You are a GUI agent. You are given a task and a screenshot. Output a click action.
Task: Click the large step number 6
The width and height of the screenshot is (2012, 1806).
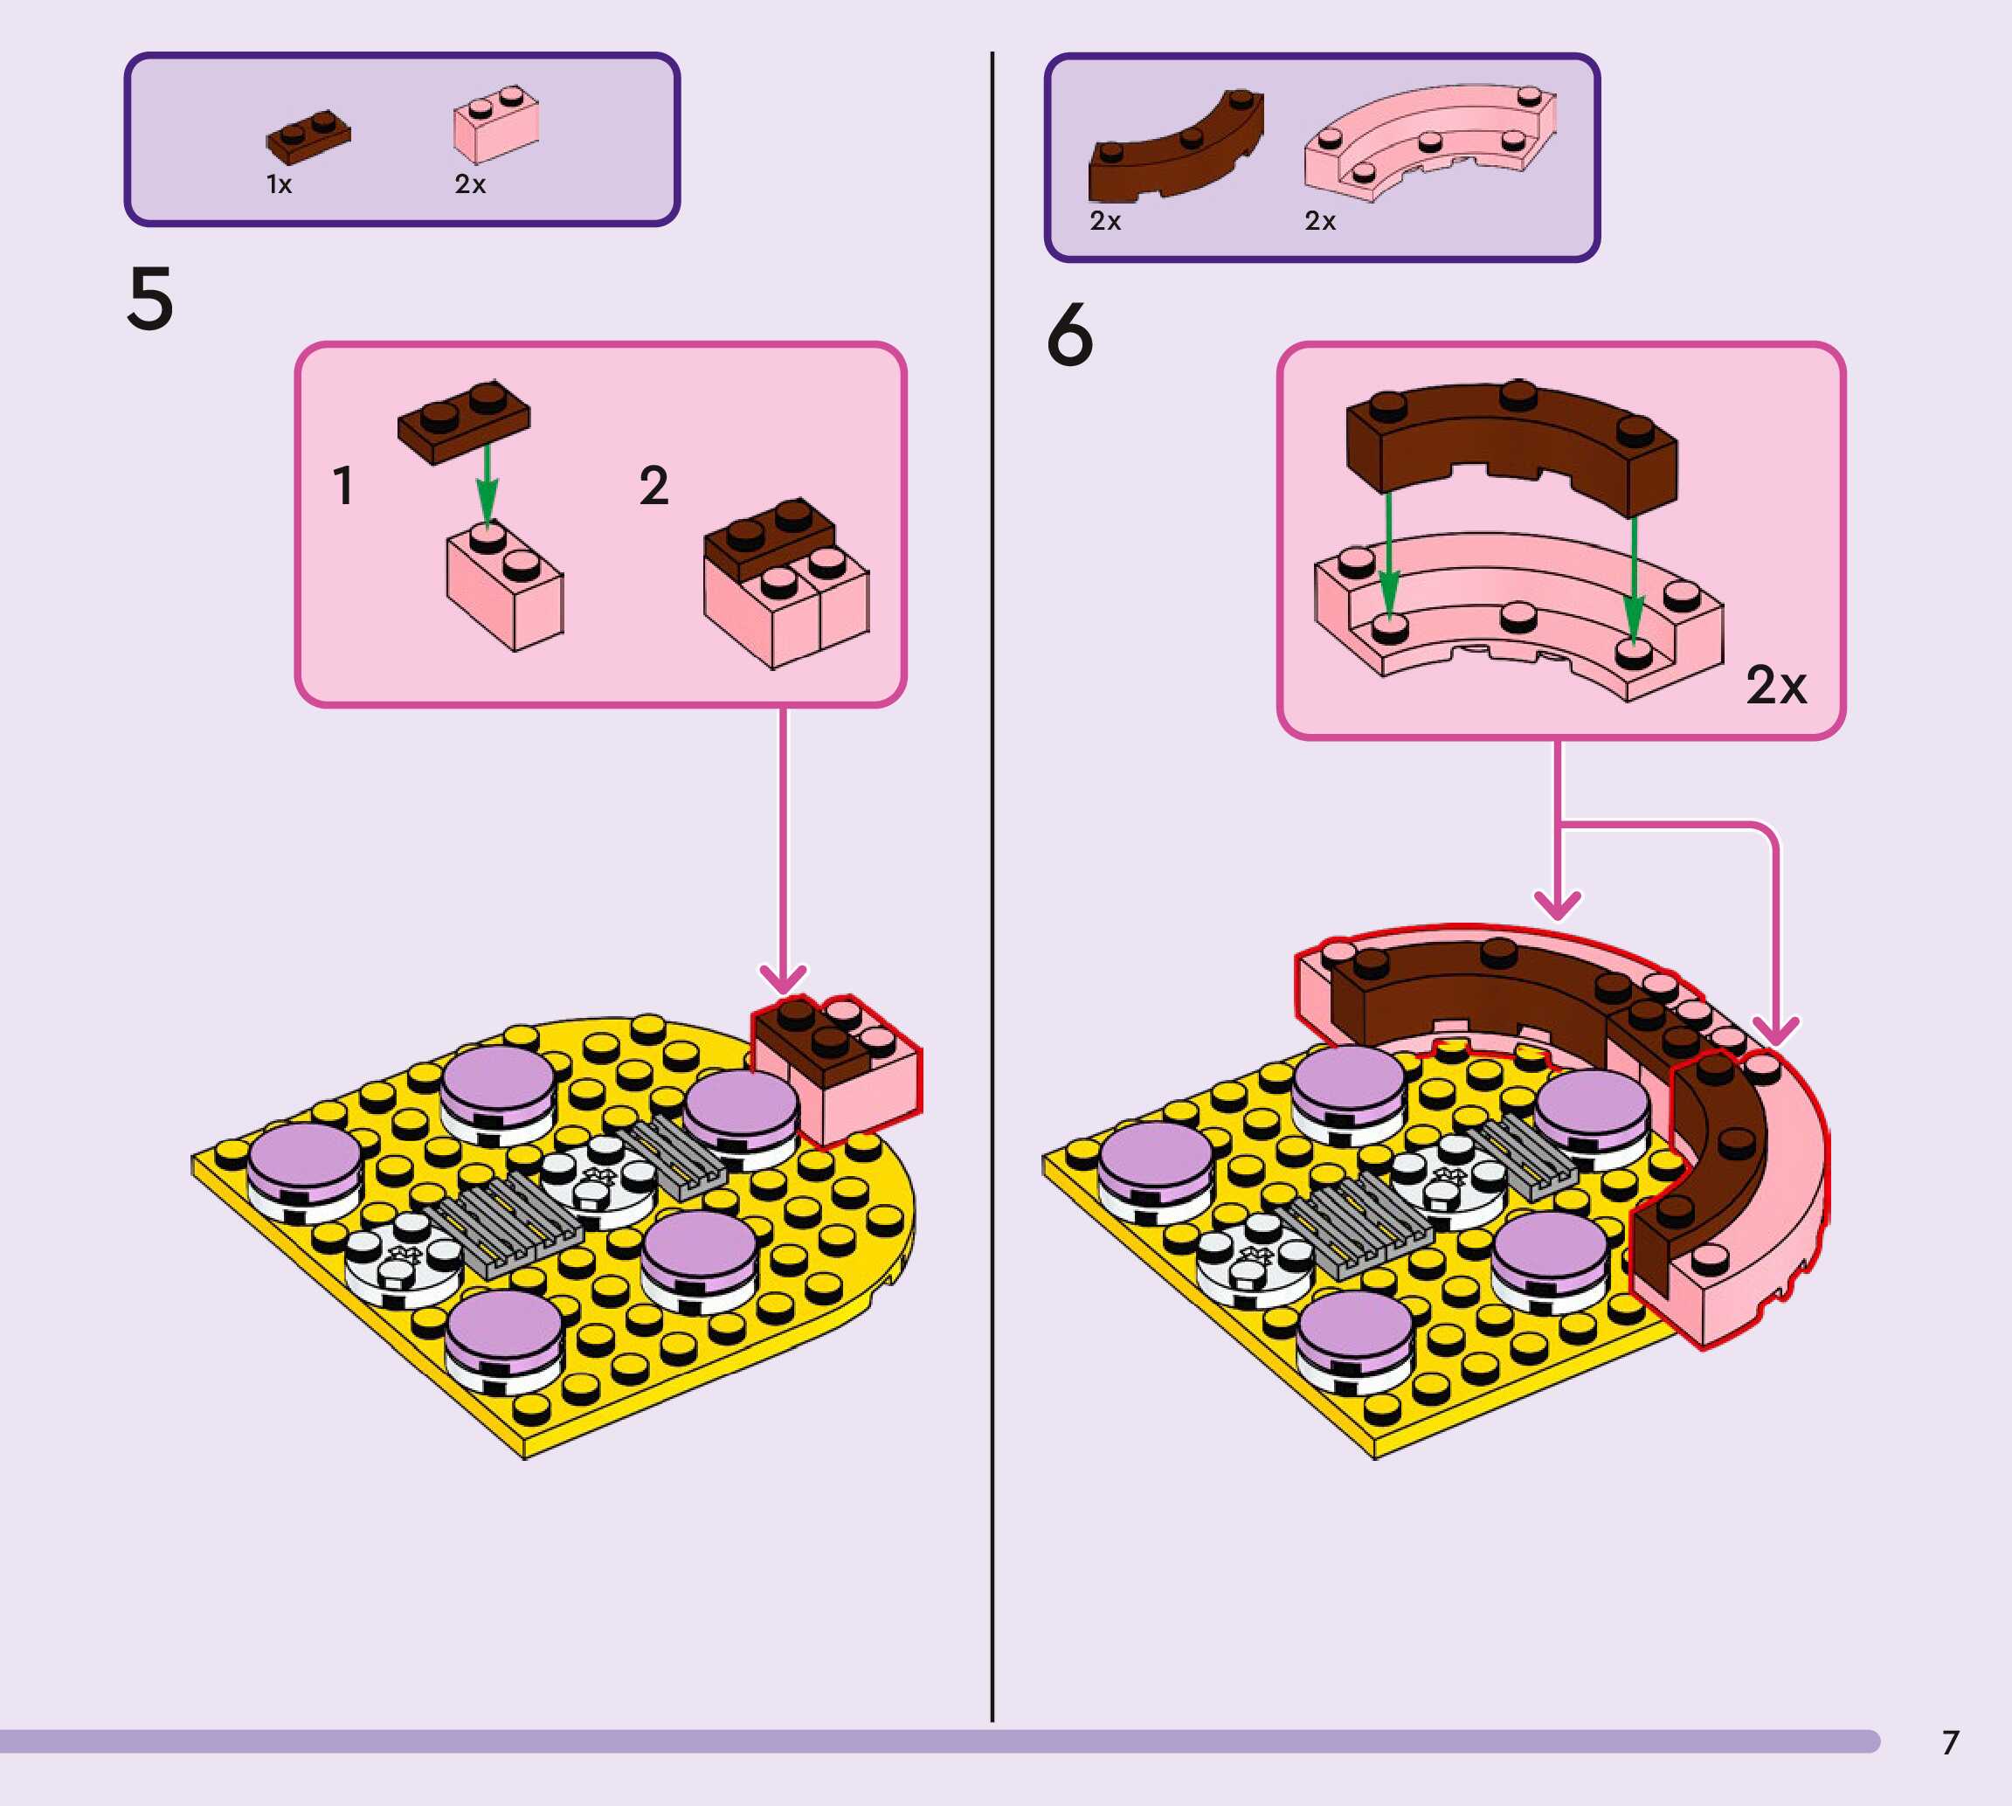(x=1069, y=335)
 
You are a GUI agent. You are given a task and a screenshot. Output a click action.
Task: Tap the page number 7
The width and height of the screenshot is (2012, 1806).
(x=1951, y=1742)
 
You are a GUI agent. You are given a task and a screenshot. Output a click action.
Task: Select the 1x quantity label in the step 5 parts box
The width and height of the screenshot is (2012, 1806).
(x=279, y=184)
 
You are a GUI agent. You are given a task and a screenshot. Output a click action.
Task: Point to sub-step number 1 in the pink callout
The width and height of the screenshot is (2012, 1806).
(x=343, y=486)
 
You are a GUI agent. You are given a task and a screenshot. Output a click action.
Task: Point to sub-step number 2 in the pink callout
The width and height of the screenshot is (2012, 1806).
(x=653, y=486)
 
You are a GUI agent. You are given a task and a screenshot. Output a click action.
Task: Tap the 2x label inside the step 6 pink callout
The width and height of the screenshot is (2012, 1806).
(x=1776, y=685)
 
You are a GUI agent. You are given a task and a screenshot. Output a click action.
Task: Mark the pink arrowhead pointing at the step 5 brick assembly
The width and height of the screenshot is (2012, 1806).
(x=783, y=979)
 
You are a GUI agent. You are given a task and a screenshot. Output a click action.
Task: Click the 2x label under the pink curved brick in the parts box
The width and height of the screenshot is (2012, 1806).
(x=1319, y=221)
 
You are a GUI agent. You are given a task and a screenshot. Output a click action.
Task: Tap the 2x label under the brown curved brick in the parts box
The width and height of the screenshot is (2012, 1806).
(x=1105, y=221)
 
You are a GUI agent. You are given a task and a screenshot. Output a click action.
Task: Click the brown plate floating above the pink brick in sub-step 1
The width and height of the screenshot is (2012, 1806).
(x=463, y=419)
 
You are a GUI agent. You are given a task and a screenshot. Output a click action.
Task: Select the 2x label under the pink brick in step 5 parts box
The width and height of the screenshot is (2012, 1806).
(x=470, y=184)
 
